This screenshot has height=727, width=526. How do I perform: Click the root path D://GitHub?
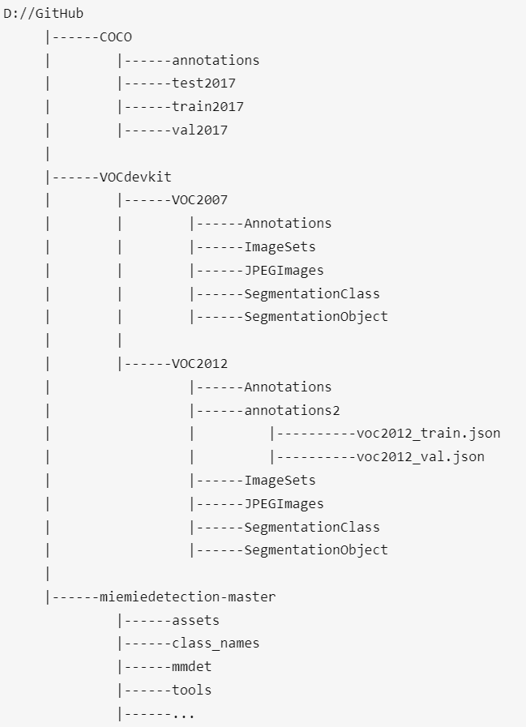43,14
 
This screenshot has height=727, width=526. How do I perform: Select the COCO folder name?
116,36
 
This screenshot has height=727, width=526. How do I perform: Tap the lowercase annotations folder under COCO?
216,60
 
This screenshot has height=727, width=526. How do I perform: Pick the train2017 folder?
207,106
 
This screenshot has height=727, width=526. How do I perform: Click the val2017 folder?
199,130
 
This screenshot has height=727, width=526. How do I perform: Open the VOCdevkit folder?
135,177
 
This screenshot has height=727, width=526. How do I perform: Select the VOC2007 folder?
199,200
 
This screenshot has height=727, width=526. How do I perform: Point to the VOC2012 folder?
199,363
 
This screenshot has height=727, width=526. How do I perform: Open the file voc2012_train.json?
428,434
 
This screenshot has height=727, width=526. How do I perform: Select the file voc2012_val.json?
420,456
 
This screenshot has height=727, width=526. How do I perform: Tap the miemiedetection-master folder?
187,597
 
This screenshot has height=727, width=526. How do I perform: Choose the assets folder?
195,621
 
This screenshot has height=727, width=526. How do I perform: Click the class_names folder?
216,644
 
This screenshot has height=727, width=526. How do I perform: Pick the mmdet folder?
191,667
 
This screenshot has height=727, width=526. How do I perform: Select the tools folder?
191,691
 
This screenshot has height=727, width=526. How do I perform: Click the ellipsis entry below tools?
183,714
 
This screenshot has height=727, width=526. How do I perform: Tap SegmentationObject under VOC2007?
316,317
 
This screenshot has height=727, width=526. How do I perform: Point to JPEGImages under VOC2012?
284,503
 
